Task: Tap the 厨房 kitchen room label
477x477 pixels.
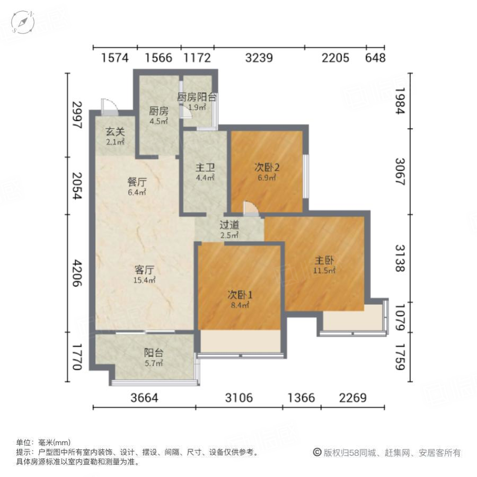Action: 158,111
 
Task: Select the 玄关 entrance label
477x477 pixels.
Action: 114,132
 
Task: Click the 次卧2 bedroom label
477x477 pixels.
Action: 267,167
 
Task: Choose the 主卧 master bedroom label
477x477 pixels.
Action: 324,261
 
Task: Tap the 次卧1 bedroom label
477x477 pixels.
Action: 240,295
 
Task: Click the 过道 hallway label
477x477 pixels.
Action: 229,224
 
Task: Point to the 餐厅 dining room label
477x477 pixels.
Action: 137,182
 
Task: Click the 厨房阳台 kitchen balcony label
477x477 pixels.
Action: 197,98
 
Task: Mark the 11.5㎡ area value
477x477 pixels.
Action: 324,271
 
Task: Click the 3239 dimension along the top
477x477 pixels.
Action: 259,58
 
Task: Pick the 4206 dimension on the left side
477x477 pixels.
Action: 77,273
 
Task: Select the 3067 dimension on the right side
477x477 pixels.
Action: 400,172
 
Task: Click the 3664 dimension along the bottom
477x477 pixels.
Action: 144,397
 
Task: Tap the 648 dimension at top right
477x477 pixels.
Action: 375,58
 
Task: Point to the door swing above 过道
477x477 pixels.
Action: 251,208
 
